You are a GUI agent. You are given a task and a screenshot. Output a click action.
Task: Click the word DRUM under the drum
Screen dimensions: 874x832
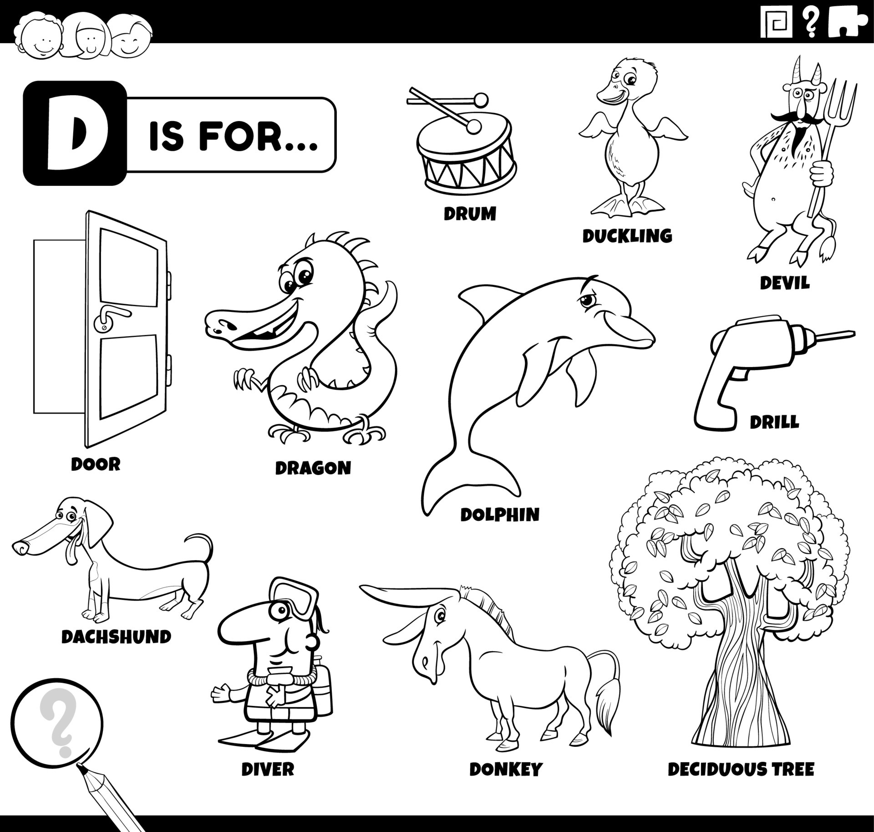pyautogui.click(x=470, y=213)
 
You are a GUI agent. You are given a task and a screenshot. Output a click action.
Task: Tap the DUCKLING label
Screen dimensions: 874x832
pyautogui.click(x=627, y=235)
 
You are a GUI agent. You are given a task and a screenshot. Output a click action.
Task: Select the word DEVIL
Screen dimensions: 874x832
pyautogui.click(x=785, y=283)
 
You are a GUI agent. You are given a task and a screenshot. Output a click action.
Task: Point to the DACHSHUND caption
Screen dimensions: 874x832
pyautogui.click(x=116, y=636)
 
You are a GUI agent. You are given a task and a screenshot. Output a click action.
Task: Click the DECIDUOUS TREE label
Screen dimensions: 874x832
pyautogui.click(x=741, y=770)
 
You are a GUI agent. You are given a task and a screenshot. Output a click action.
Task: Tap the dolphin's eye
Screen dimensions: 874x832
pyautogui.click(x=587, y=300)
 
